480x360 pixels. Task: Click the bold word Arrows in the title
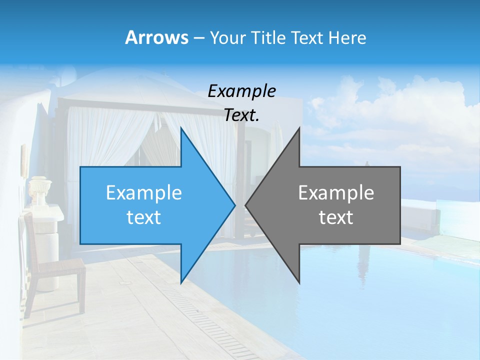coord(156,37)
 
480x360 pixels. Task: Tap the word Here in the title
coord(347,37)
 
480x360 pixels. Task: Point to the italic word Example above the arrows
coord(241,91)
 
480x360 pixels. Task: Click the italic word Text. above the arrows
coord(241,115)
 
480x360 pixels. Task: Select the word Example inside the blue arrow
coord(144,192)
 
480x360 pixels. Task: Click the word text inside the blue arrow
coord(144,217)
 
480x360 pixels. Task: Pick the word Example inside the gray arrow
coord(336,192)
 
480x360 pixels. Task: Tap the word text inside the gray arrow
coord(336,217)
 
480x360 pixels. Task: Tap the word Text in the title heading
coord(307,37)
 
